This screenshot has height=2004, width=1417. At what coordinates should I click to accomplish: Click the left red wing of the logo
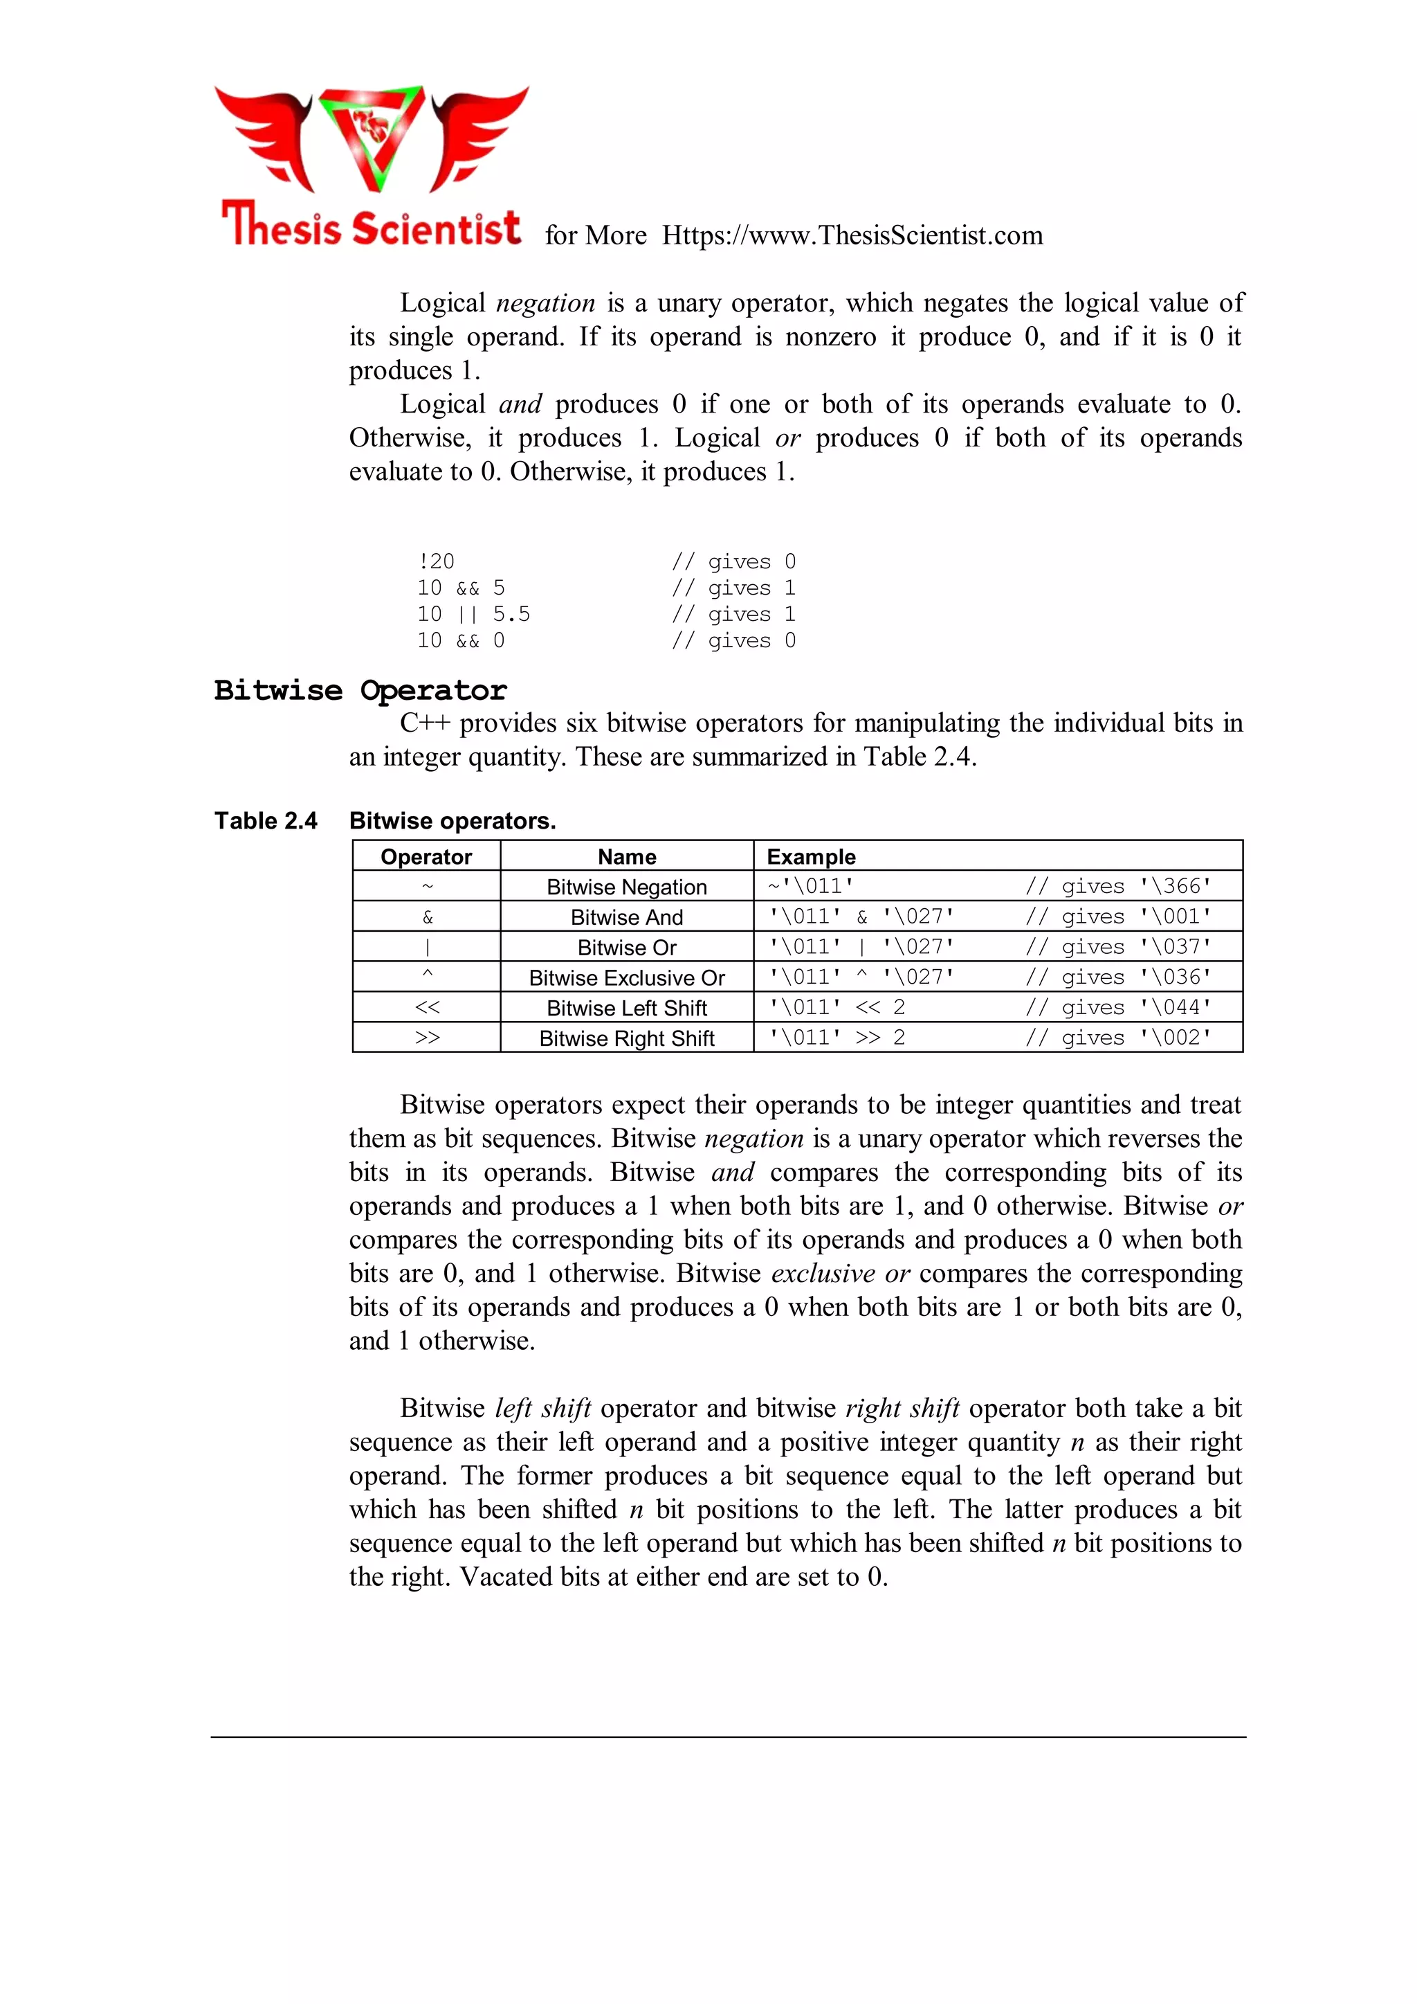point(267,135)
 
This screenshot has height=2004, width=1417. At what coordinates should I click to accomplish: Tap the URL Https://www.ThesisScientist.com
point(852,235)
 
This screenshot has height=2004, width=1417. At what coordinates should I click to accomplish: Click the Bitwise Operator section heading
point(360,690)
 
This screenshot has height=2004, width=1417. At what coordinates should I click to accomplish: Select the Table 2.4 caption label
point(266,820)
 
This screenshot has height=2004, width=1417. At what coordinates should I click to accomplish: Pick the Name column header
point(626,856)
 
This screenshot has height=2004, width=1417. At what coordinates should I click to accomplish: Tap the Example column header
point(811,856)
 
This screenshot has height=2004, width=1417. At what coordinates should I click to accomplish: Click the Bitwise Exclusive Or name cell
point(626,977)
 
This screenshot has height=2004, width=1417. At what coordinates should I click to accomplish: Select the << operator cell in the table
point(427,1007)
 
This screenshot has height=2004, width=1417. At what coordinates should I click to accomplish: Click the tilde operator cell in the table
point(427,887)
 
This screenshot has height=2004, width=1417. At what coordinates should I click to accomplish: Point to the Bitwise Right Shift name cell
point(626,1038)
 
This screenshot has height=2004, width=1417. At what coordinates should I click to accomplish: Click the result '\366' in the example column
point(1176,886)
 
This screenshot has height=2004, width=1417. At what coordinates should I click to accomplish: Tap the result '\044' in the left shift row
point(1176,1007)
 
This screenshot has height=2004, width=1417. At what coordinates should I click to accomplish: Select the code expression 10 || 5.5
point(473,615)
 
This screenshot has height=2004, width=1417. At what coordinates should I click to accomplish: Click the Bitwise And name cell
point(626,917)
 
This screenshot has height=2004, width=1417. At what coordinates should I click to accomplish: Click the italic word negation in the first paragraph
point(545,303)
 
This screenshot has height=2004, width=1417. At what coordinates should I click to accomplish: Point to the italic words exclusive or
point(840,1274)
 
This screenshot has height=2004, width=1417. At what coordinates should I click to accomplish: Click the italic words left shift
point(542,1409)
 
